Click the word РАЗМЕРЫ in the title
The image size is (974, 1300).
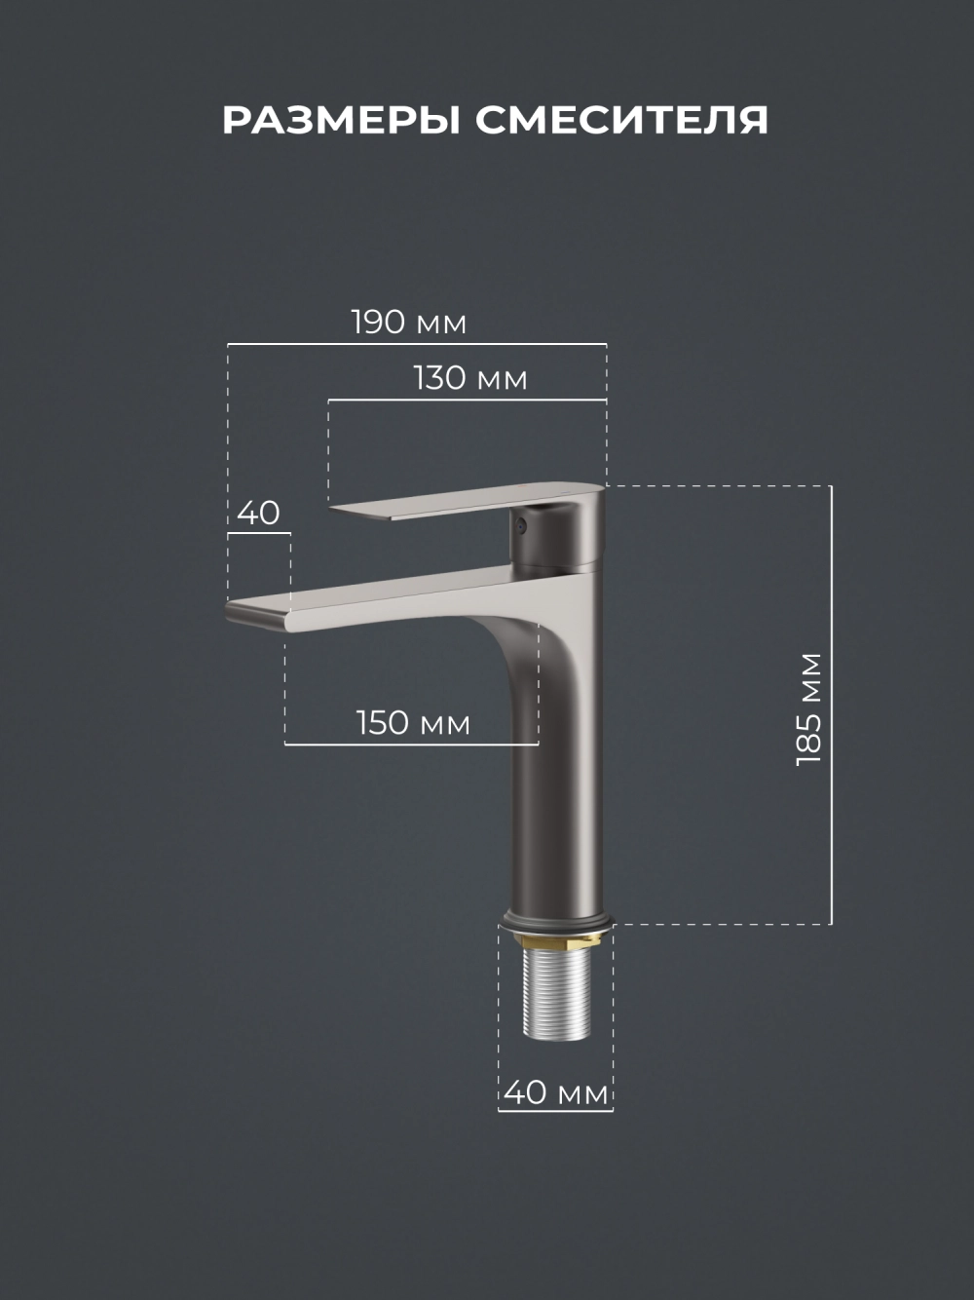(342, 120)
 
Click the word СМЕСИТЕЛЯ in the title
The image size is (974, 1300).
(622, 120)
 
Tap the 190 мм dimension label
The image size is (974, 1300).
(409, 323)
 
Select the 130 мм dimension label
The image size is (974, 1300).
(470, 378)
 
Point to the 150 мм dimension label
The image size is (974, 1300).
(414, 722)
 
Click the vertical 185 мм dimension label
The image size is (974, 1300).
(808, 709)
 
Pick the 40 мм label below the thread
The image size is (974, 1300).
(556, 1092)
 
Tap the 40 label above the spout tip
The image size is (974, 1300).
(258, 513)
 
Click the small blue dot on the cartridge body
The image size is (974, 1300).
(520, 524)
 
